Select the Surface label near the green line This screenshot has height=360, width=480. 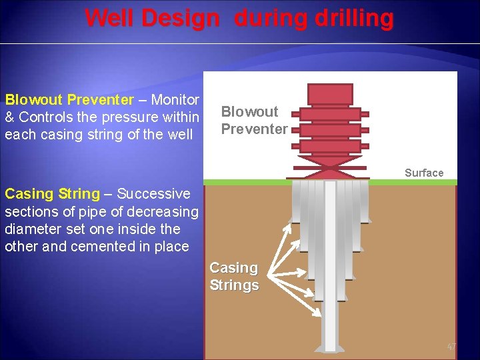(423, 173)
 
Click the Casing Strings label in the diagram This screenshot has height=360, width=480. (234, 276)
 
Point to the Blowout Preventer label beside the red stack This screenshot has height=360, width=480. (254, 120)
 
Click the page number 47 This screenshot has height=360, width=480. (451, 347)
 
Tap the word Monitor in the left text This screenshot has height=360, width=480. (175, 100)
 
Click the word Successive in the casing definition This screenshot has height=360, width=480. (153, 194)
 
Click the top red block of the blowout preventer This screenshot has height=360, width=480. (330, 94)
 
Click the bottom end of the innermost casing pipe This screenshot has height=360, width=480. (330, 347)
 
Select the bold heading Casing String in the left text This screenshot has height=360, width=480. (51, 194)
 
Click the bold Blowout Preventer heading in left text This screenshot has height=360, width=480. (69, 100)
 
